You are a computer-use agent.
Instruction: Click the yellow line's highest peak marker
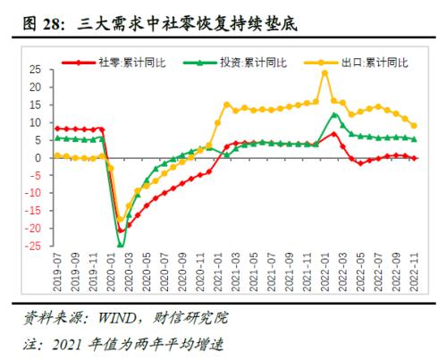(x=324, y=72)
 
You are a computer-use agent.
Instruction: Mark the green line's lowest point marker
(x=120, y=245)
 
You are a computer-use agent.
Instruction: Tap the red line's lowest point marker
(x=121, y=230)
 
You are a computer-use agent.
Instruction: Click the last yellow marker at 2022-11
(x=413, y=125)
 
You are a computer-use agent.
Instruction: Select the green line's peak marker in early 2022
(x=333, y=114)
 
